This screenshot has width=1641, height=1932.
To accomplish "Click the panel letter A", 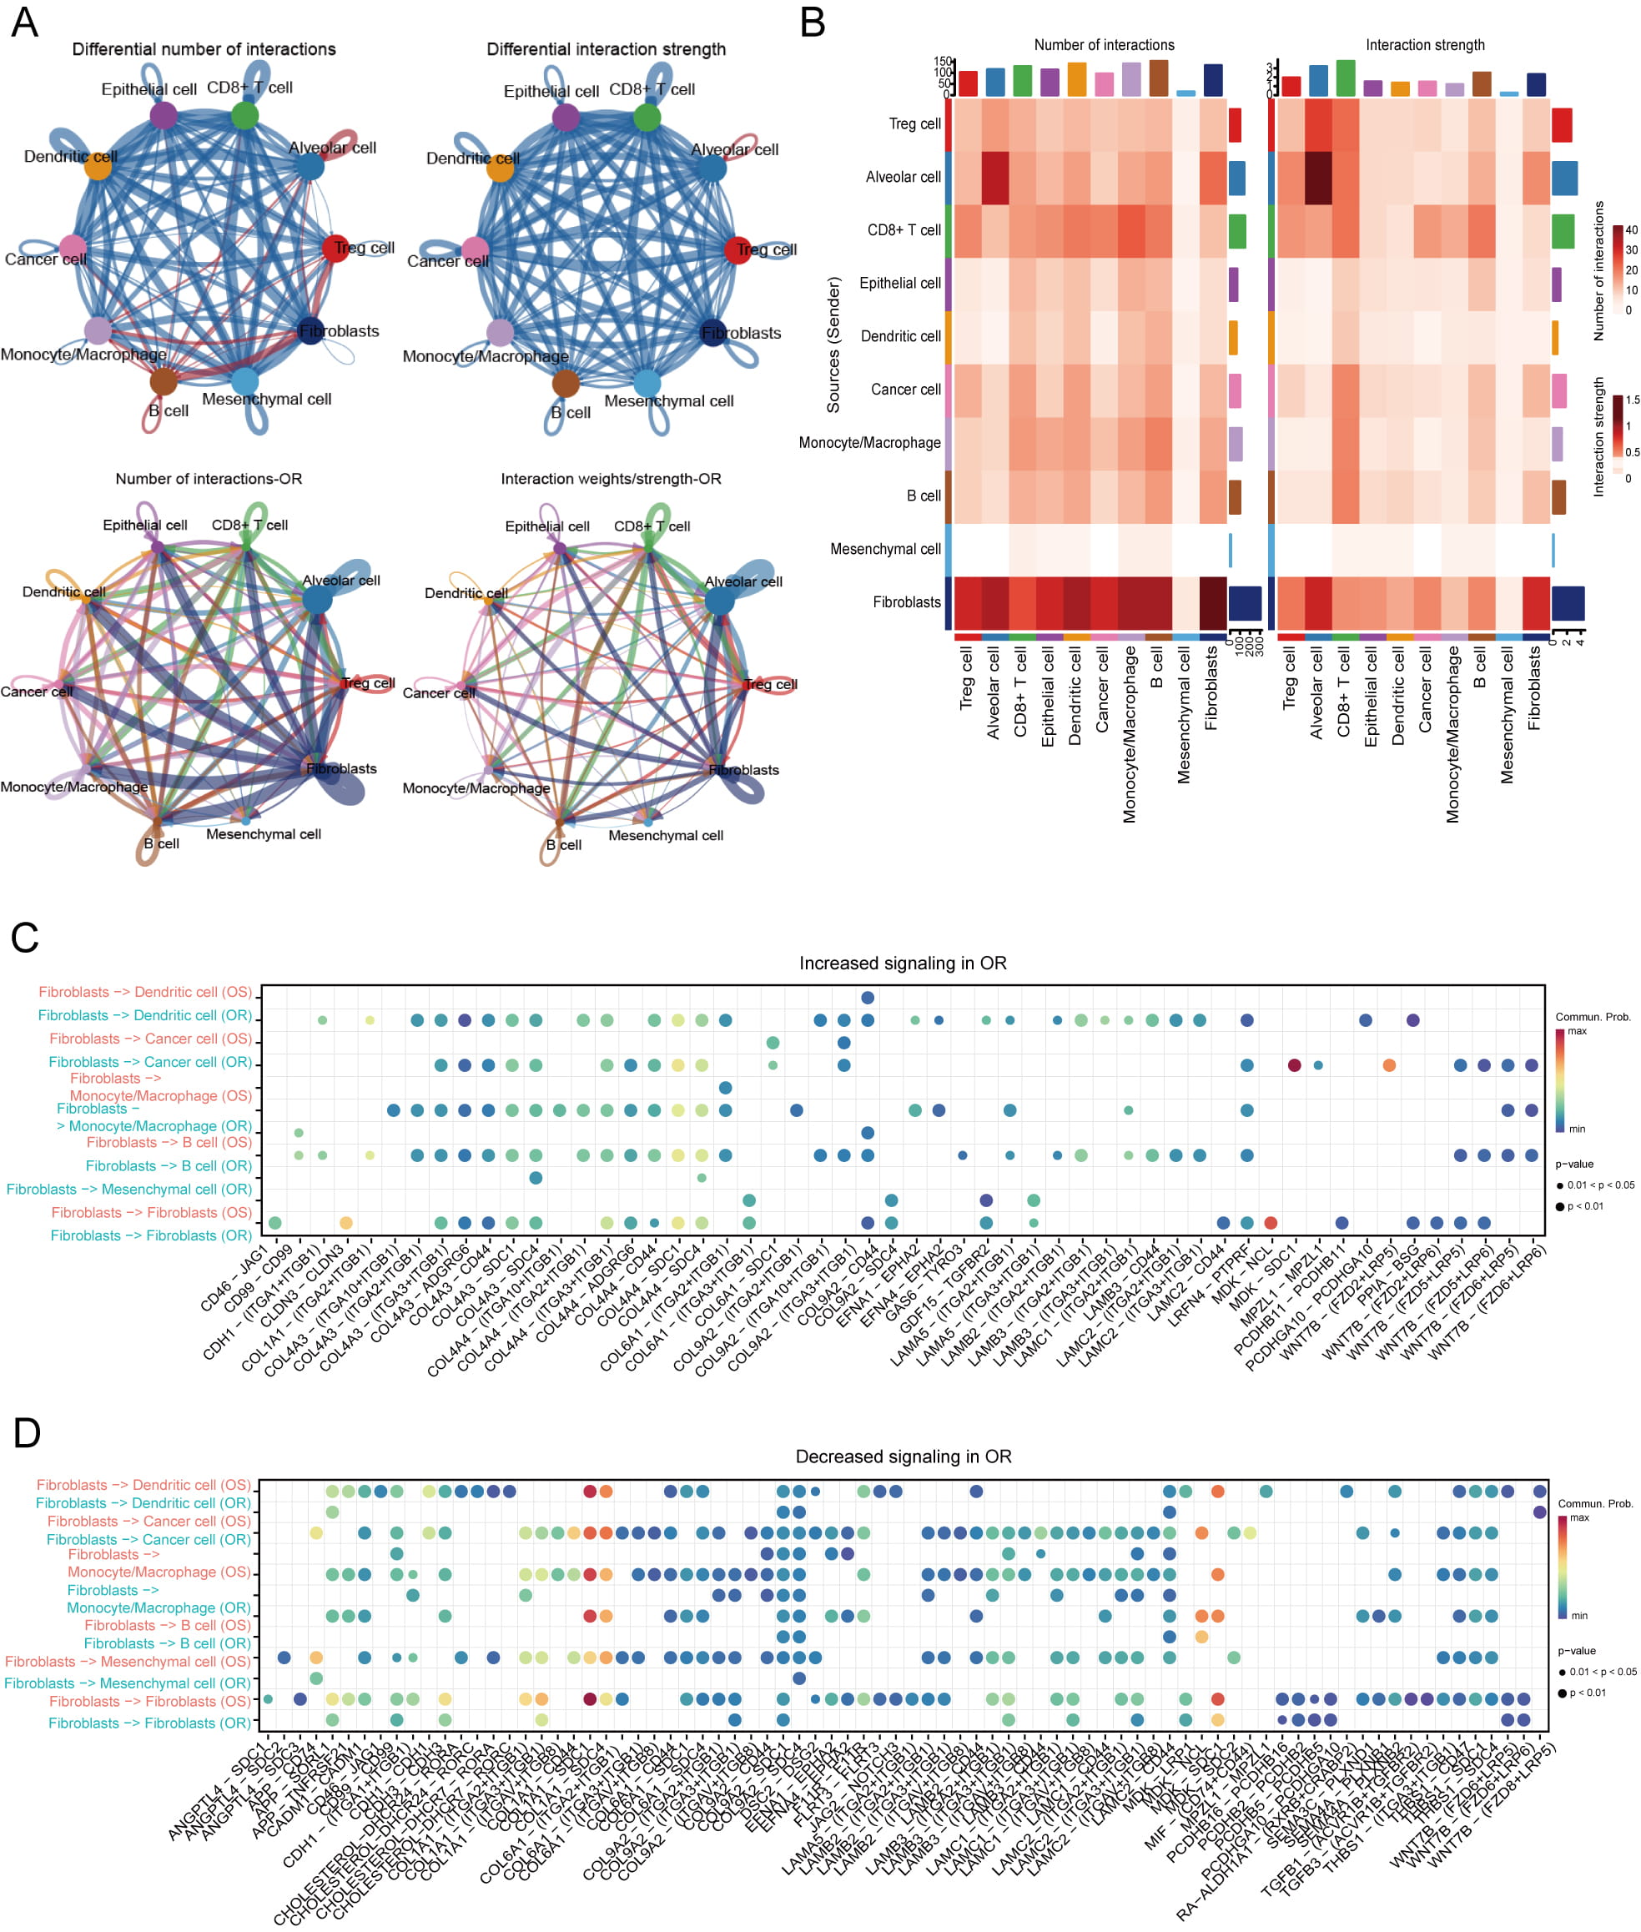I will pos(25,23).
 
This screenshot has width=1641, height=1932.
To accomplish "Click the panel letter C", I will pos(25,937).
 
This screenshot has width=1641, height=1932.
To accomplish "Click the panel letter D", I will pos(26,1433).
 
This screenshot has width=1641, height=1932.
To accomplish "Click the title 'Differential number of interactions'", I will pos(204,49).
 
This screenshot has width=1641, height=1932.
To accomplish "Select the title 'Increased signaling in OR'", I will pos(903,963).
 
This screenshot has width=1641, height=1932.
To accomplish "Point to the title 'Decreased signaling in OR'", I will pos(903,1457).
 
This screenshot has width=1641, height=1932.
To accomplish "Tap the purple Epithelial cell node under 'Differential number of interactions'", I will pos(163,115).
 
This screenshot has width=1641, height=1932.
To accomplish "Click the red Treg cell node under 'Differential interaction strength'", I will pos(737,250).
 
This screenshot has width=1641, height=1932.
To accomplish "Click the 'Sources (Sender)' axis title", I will pos(833,345).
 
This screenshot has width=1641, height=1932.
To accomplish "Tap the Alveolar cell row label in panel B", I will pos(903,177).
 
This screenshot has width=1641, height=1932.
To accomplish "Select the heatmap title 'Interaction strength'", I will pos(1424,45).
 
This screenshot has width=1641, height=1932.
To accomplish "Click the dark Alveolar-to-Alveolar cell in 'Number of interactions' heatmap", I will pos(994,177).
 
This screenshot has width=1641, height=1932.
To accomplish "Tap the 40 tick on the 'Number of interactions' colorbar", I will pos(1631,229).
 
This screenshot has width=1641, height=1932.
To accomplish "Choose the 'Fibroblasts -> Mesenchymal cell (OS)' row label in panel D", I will pos(128,1662).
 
